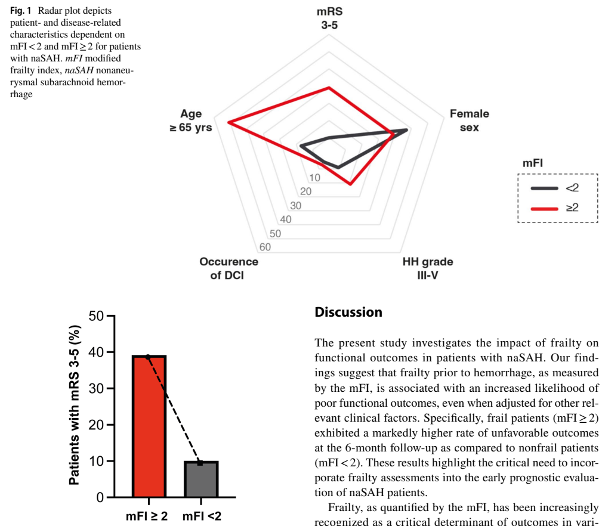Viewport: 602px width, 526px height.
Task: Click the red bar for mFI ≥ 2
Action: pyautogui.click(x=149, y=426)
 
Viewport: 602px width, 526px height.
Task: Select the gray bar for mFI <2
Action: pyautogui.click(x=200, y=479)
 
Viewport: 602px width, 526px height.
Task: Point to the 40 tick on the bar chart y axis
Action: pyautogui.click(x=95, y=352)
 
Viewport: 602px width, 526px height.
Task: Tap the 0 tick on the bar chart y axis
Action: pyautogui.click(x=98, y=497)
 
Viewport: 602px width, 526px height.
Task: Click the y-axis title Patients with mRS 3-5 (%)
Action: pyautogui.click(x=74, y=406)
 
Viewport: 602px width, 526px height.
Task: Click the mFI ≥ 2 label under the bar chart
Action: pyautogui.click(x=147, y=516)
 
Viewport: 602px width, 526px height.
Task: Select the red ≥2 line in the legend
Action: pyautogui.click(x=544, y=208)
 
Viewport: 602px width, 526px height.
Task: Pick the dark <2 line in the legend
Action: pyautogui.click(x=544, y=188)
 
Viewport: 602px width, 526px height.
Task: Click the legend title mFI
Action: pyautogui.click(x=532, y=163)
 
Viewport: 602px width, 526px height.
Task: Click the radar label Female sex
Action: pyautogui.click(x=469, y=120)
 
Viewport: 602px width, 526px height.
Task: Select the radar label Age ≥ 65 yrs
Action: pyautogui.click(x=191, y=121)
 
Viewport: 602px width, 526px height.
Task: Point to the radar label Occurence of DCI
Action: pyautogui.click(x=229, y=268)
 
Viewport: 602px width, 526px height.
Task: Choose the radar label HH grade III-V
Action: pyautogui.click(x=427, y=268)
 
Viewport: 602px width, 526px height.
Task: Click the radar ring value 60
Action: pyautogui.click(x=266, y=247)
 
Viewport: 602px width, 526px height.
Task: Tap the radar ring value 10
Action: pyautogui.click(x=314, y=177)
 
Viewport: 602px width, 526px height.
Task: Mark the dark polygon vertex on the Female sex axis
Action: pyautogui.click(x=407, y=129)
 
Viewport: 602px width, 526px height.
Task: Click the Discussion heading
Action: pyautogui.click(x=348, y=312)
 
